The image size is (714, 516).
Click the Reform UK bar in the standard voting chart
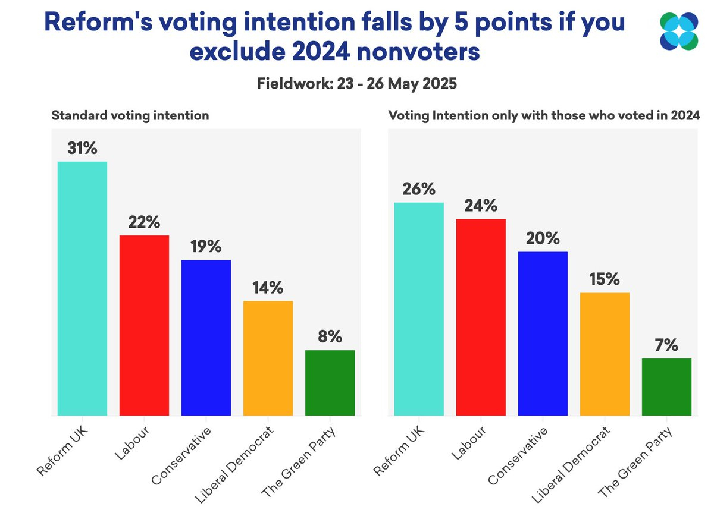82,288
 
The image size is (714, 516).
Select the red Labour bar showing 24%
481,317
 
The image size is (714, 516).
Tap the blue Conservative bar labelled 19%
206,338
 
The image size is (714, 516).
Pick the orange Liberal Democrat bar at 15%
605,354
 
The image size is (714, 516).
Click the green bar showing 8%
330,383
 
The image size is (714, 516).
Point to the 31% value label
82,148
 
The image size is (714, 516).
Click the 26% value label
419,189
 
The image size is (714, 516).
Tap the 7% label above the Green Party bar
666,345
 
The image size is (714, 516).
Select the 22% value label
144,222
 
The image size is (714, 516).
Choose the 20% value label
543,238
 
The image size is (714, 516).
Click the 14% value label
268,288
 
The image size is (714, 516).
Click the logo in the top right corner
678,32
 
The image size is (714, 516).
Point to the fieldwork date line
356,84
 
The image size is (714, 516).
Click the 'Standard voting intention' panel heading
130,115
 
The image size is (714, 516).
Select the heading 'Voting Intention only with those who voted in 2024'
543,115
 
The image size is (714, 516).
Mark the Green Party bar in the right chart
666,387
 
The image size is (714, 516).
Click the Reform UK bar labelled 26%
419,309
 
